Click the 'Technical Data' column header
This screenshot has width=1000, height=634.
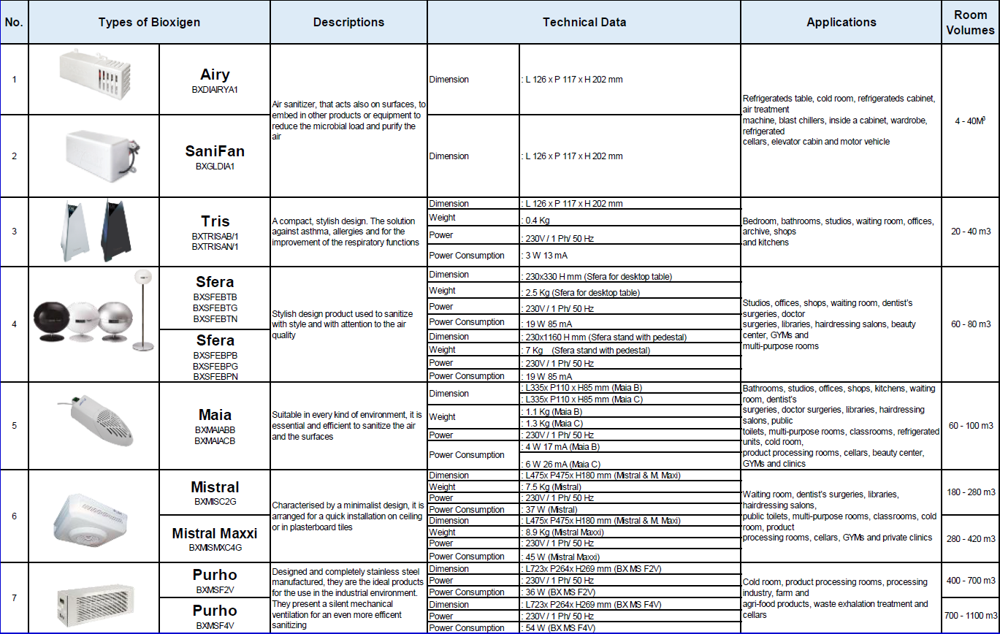584,22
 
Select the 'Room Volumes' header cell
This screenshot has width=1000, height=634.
970,23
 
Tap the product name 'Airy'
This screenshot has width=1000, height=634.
215,75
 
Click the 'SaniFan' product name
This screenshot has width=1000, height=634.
215,152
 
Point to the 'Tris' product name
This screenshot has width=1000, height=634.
215,221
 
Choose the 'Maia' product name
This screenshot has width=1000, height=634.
215,416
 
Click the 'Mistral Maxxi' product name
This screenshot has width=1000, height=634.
215,533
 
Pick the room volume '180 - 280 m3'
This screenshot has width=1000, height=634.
971,492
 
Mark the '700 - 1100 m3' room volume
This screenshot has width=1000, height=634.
971,616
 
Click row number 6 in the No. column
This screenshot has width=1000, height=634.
14,516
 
